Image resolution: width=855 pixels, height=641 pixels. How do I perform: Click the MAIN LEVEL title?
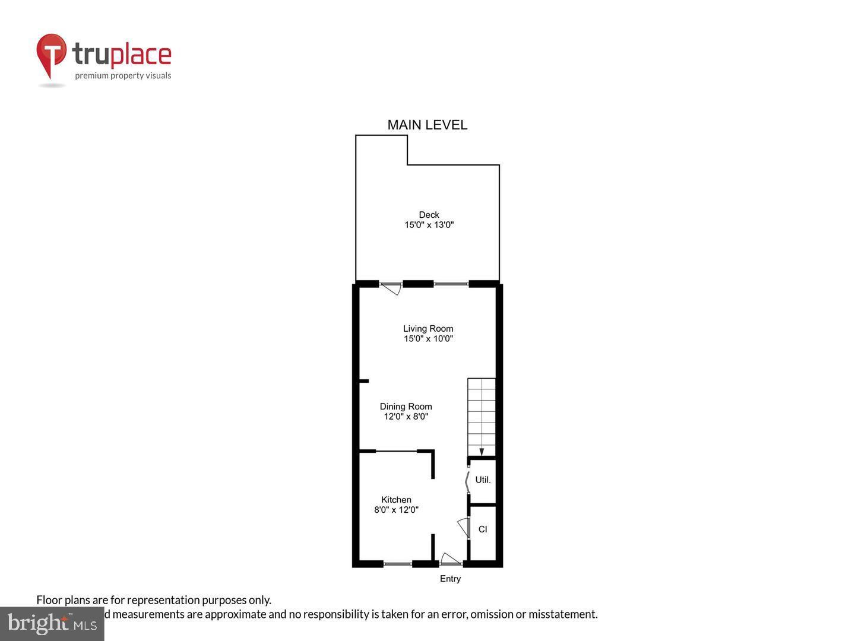(427, 125)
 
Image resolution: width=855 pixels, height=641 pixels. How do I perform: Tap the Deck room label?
(429, 215)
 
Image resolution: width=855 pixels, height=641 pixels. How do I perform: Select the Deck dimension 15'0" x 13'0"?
(429, 225)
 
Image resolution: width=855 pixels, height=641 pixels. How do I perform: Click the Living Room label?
(428, 329)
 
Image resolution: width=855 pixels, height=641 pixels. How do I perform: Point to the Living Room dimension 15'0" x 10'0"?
(428, 339)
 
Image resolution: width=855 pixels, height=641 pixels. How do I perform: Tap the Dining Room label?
(406, 407)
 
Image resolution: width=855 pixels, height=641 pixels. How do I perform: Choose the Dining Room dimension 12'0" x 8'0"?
(406, 417)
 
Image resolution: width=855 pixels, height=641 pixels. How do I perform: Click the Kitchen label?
(396, 500)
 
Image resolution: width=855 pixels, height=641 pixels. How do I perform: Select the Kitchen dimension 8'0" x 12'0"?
(396, 510)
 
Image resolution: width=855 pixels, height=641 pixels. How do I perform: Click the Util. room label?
(483, 480)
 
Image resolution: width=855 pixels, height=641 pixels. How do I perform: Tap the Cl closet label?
(483, 529)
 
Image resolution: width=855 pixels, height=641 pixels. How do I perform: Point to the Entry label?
(450, 579)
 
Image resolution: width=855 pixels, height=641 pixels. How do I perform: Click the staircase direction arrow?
(482, 452)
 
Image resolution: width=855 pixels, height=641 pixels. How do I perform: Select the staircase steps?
(482, 412)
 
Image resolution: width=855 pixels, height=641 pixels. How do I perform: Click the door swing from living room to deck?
(391, 289)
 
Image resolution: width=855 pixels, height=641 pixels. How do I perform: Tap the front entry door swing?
(449, 559)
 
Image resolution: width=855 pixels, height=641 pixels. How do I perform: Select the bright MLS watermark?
(52, 624)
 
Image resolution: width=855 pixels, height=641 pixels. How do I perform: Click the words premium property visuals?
(123, 75)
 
